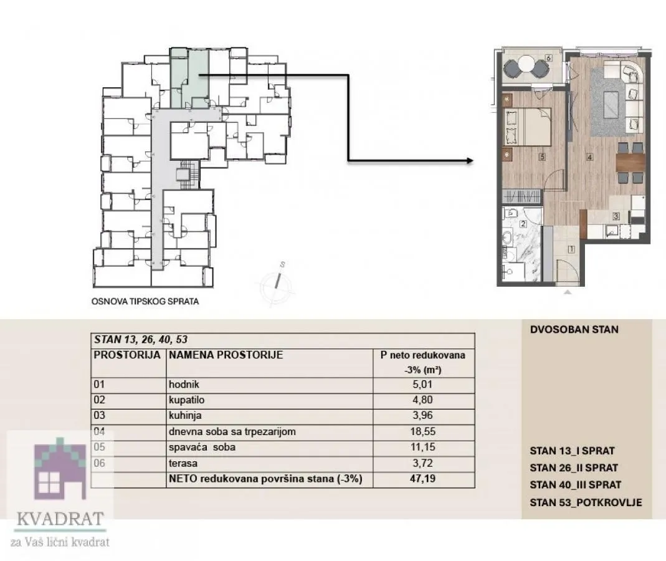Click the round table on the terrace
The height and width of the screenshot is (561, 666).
click(527, 65)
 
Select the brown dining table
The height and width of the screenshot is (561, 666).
click(629, 163)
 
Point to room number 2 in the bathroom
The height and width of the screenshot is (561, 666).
click(523, 223)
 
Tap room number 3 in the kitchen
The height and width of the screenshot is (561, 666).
click(616, 217)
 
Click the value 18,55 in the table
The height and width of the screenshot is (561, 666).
click(422, 431)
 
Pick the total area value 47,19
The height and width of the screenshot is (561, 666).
click(422, 480)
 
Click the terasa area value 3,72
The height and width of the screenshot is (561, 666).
click(422, 464)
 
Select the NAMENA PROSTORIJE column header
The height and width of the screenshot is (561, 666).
click(226, 355)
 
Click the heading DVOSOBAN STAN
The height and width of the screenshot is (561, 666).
click(574, 329)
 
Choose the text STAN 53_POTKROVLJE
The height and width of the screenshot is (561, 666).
click(585, 503)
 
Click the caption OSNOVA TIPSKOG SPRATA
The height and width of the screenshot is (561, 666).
click(145, 302)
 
